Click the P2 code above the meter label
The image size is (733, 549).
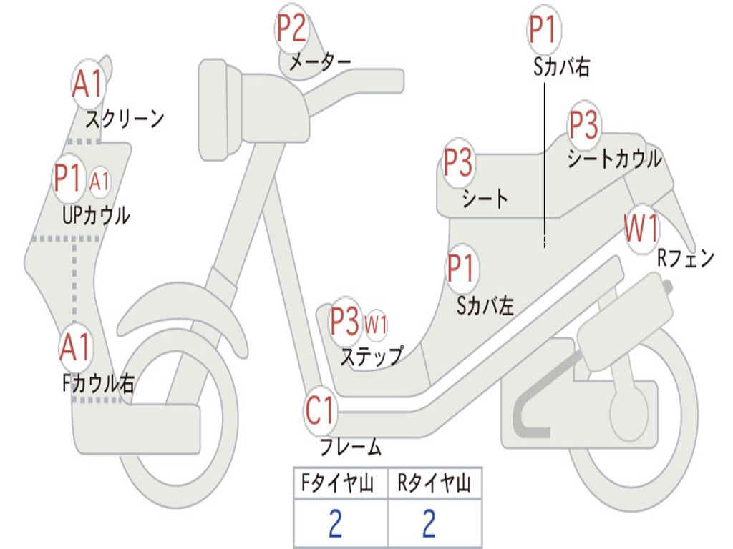pyautogui.click(x=292, y=29)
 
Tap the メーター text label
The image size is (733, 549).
pyautogui.click(x=319, y=64)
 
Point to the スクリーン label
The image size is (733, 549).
pyautogui.click(x=125, y=118)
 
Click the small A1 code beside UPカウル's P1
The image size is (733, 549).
pyautogui.click(x=100, y=182)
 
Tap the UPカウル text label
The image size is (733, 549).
pyautogui.click(x=96, y=214)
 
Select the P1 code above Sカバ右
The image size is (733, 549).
pyautogui.click(x=543, y=30)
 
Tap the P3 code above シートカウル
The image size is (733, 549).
pyautogui.click(x=583, y=126)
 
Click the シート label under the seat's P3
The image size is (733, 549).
pyautogui.click(x=485, y=198)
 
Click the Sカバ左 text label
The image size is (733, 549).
pyautogui.click(x=485, y=306)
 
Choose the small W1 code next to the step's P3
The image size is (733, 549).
pyautogui.click(x=377, y=325)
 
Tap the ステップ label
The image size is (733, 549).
pyautogui.click(x=371, y=356)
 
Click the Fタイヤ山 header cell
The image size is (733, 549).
pyautogui.click(x=340, y=484)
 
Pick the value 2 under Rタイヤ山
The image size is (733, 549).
pyautogui.click(x=429, y=524)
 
